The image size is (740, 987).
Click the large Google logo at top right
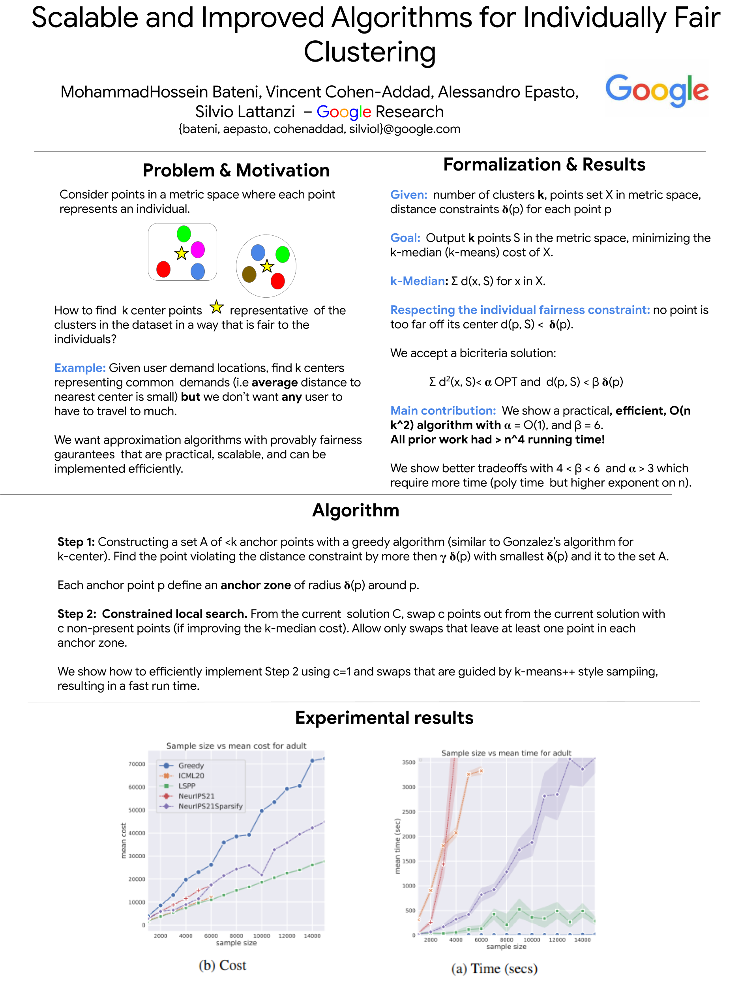(656, 90)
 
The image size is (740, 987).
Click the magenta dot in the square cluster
(198, 250)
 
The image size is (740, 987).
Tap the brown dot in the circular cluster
(249, 274)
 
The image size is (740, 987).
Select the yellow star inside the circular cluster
(267, 266)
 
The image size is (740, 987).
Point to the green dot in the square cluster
(184, 233)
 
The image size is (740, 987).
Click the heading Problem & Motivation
(236, 171)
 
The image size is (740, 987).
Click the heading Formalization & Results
(544, 165)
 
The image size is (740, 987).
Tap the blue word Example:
(80, 368)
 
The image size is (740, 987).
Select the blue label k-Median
(418, 281)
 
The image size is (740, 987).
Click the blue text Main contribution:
(442, 411)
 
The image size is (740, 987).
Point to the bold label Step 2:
(77, 614)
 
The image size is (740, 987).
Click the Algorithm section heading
(356, 510)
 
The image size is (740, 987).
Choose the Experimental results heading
(384, 717)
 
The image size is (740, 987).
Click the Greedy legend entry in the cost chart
(191, 765)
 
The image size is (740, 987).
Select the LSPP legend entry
(187, 786)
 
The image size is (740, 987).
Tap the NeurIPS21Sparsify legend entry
(210, 806)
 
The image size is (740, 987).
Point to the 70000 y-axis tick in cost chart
(137, 764)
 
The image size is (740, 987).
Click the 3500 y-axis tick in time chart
(408, 762)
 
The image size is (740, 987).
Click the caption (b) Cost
(222, 965)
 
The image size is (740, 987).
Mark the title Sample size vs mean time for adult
(506, 753)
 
